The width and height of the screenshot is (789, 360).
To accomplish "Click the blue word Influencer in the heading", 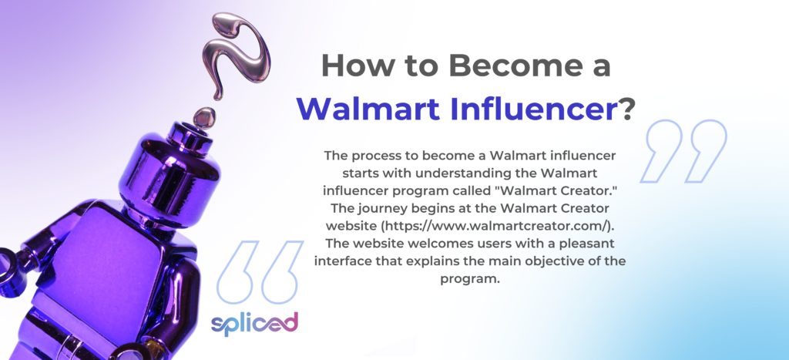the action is [x=535, y=109].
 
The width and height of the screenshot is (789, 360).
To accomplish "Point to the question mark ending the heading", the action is [x=626, y=109].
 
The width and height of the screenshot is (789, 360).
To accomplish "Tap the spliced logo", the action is [x=254, y=324].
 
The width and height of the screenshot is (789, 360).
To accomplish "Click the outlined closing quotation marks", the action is [x=683, y=151].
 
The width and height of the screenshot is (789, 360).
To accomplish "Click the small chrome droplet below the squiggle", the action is [x=204, y=117].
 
